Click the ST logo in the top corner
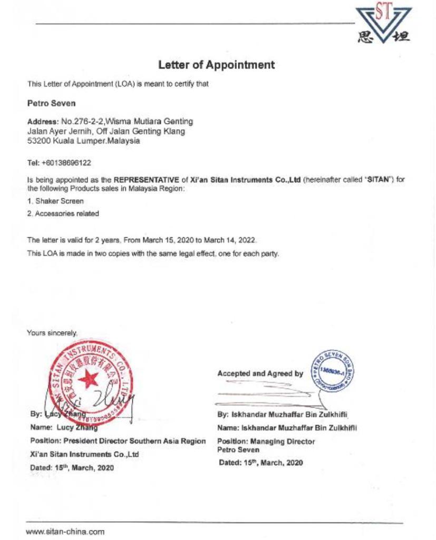(383, 24)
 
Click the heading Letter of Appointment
(216, 65)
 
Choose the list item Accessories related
(65, 214)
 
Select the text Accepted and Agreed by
(260, 373)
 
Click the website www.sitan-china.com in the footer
(65, 531)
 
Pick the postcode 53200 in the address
(37, 141)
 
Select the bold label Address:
(43, 121)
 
